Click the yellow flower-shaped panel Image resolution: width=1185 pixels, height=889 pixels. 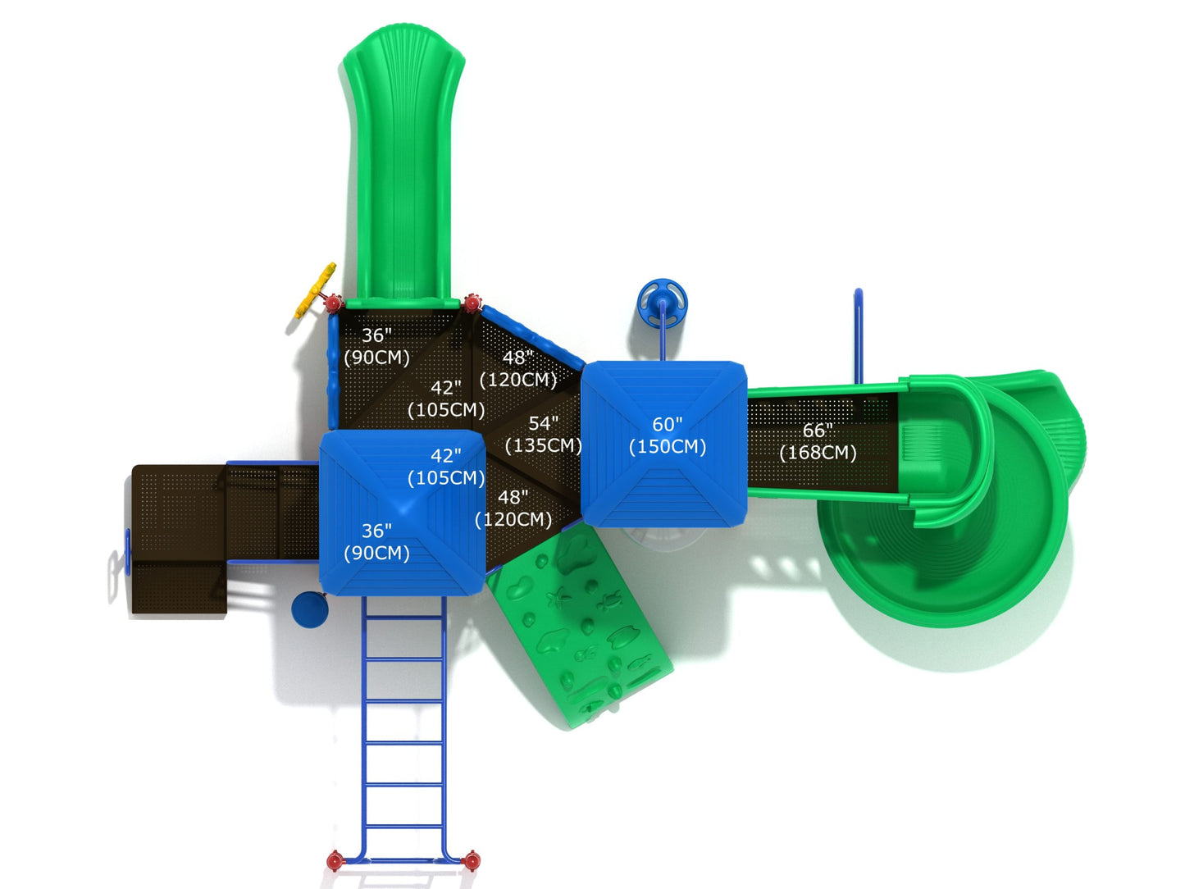pos(315,289)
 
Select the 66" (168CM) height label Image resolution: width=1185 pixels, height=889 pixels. pos(818,441)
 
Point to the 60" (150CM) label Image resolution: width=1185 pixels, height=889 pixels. pos(668,435)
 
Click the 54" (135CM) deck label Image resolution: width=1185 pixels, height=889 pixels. pos(543,434)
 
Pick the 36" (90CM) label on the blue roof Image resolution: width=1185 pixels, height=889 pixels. pos(376,541)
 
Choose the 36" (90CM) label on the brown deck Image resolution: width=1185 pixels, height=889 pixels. pos(376,345)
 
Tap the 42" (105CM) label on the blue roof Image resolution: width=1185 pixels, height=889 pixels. pos(446,467)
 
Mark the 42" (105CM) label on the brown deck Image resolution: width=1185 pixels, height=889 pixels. pos(446,399)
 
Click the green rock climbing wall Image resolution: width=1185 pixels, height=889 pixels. pos(581,626)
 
